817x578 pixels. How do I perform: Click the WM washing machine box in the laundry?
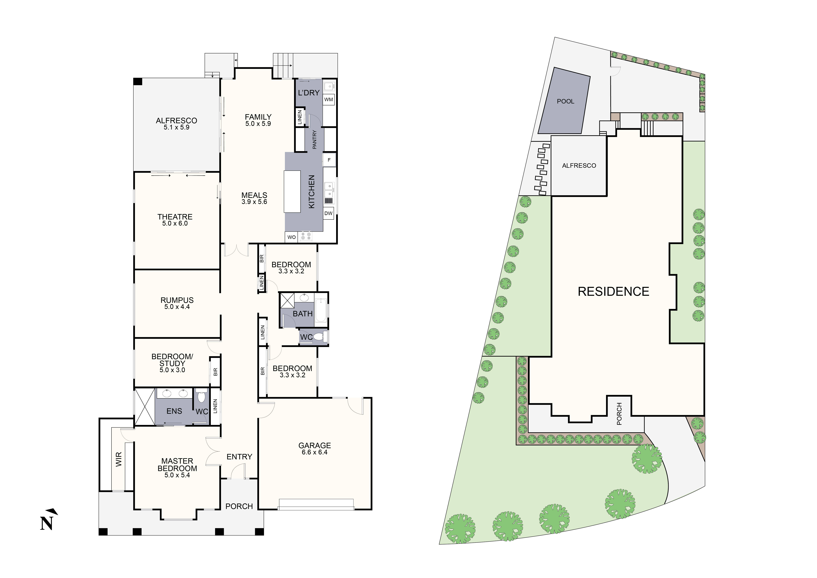pos(328,100)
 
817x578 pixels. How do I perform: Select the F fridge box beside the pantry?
pos(329,160)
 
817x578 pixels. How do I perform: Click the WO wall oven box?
pos(291,237)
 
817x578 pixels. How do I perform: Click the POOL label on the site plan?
pos(565,101)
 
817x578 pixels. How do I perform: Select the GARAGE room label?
pos(315,446)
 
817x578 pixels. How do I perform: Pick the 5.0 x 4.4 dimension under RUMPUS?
pos(177,307)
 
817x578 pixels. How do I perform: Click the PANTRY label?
pos(315,140)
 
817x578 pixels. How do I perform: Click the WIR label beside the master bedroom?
pos(119,459)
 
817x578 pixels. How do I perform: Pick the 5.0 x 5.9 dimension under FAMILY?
pos(258,124)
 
